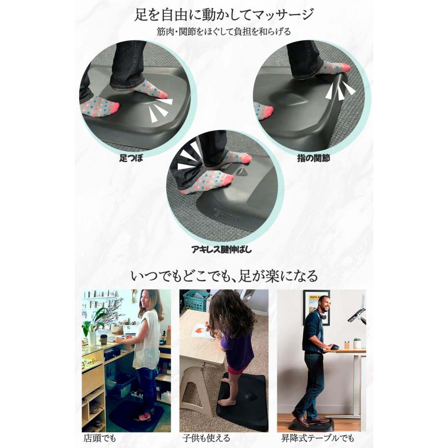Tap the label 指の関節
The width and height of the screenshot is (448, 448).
point(315,158)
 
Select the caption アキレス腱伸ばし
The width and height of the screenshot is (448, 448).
point(222,249)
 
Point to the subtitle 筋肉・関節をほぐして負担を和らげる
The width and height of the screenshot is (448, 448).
point(224,31)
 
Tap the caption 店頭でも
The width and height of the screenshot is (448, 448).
point(100,439)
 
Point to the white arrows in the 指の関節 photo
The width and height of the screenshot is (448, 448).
point(339,89)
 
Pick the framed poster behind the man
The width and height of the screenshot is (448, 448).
point(316,307)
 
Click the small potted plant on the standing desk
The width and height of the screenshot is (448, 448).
point(357,343)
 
